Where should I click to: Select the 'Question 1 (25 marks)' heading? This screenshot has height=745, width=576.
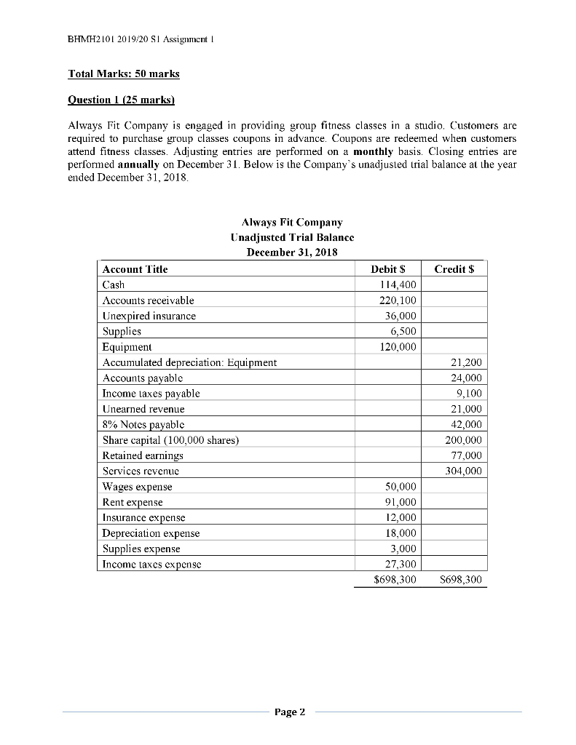tap(117, 97)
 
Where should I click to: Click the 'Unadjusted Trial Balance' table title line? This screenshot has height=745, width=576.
tap(292, 237)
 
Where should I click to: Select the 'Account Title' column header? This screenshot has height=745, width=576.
tap(135, 269)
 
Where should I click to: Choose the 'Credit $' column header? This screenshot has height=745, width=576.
tap(454, 269)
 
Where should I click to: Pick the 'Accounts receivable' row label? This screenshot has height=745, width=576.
tap(149, 300)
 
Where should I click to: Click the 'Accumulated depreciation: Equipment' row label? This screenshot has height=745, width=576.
tap(189, 362)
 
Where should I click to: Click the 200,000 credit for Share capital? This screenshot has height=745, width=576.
tap(464, 440)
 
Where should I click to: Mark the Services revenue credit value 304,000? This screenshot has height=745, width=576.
tap(464, 471)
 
